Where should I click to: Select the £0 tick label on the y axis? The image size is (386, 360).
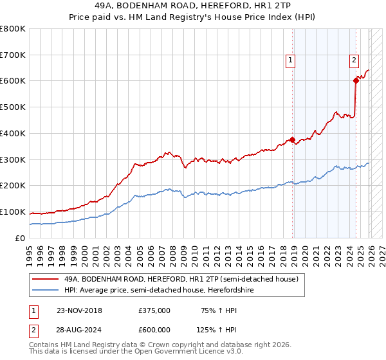[x=19, y=238]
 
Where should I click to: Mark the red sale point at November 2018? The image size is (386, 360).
[x=293, y=139]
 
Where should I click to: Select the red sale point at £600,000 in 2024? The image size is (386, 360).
[x=356, y=80]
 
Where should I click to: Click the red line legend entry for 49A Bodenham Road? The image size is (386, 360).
[x=181, y=280]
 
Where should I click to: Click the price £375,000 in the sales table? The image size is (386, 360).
[x=154, y=310]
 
